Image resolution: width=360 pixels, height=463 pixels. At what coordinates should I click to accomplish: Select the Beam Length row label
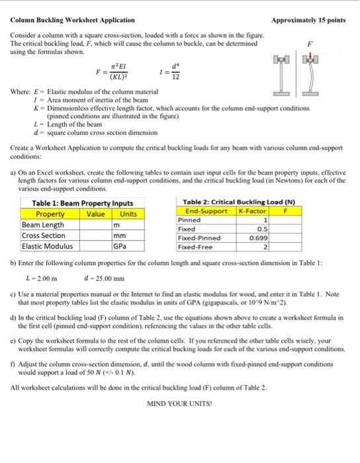(40, 225)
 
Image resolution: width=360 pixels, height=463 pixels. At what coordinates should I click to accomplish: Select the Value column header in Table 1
(97, 214)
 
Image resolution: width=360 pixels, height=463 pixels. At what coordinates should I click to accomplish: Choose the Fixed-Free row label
(195, 247)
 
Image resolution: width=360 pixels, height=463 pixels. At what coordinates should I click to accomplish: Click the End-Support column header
(204, 210)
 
